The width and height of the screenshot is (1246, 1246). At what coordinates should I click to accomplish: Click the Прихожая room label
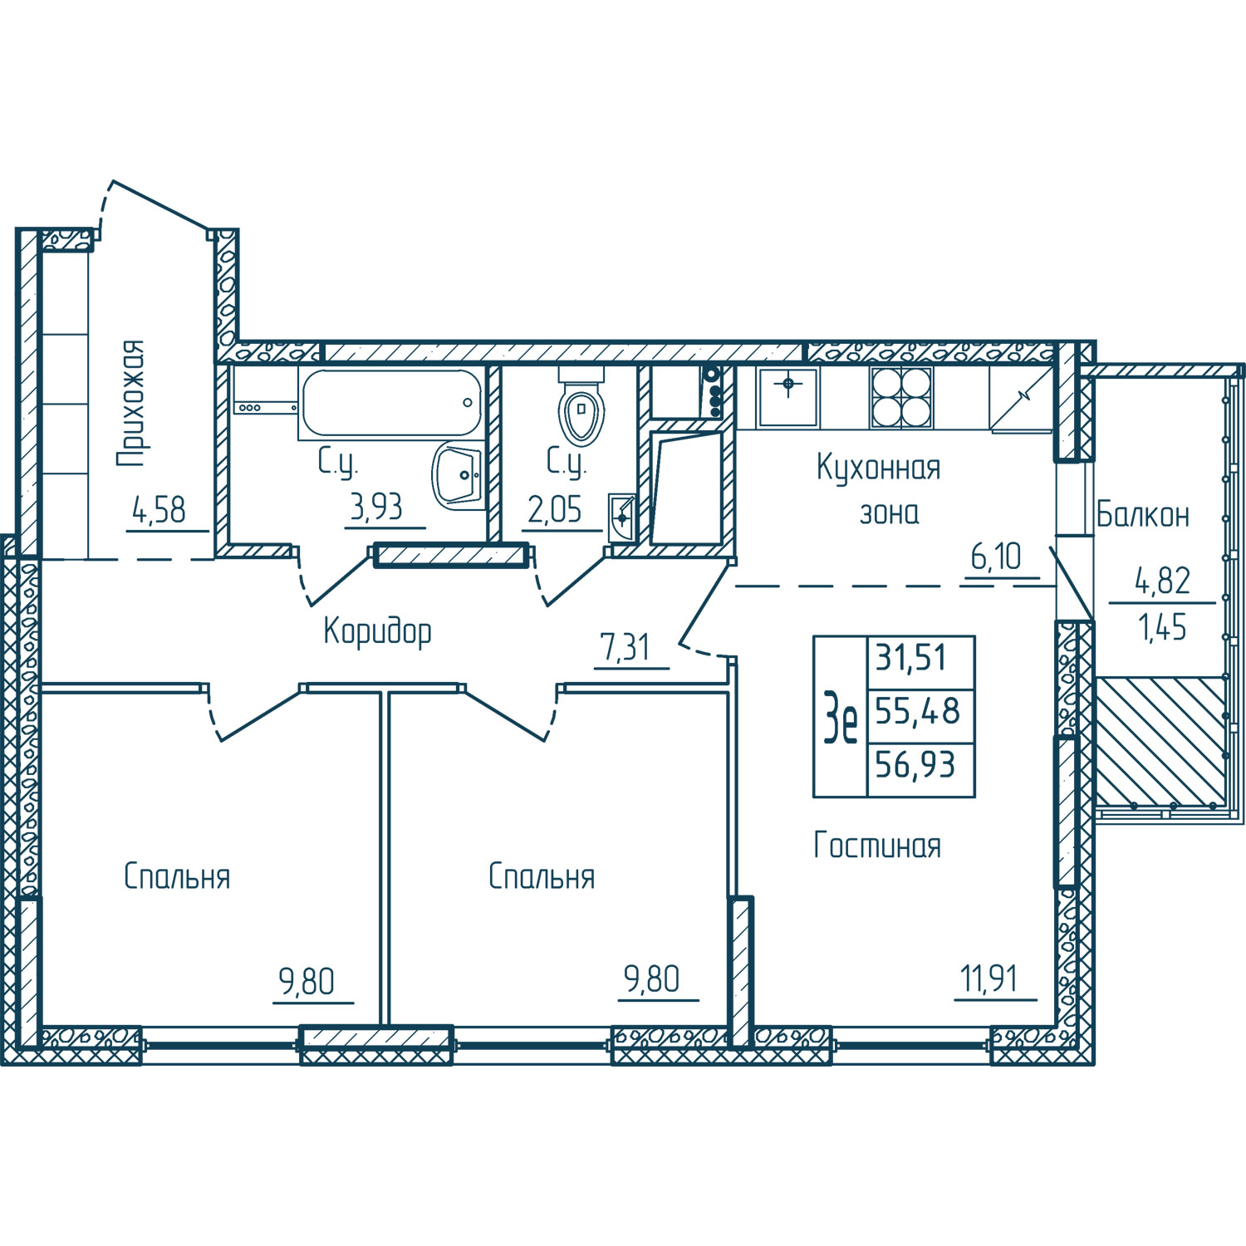pyautogui.click(x=131, y=403)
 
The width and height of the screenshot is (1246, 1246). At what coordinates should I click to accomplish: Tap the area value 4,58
pyautogui.click(x=159, y=509)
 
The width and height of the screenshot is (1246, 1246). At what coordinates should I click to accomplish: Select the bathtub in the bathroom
pyautogui.click(x=390, y=404)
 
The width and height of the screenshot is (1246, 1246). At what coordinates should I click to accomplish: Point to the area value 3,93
pyautogui.click(x=376, y=506)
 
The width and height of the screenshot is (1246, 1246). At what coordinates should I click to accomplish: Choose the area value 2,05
pyautogui.click(x=555, y=509)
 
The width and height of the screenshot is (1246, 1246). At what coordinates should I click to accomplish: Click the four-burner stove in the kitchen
pyautogui.click(x=901, y=397)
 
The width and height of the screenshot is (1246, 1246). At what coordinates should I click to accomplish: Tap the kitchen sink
pyautogui.click(x=788, y=397)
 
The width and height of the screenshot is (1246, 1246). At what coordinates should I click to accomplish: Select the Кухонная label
pyautogui.click(x=879, y=468)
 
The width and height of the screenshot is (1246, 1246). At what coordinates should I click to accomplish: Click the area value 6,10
pyautogui.click(x=996, y=557)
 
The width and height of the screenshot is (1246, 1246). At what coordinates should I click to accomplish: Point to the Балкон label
pyautogui.click(x=1143, y=514)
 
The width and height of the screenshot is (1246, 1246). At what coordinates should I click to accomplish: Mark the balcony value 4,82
pyautogui.click(x=1163, y=581)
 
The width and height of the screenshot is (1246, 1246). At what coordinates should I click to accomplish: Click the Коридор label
pyautogui.click(x=377, y=631)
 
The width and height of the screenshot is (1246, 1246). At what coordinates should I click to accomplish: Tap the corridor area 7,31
pyautogui.click(x=625, y=648)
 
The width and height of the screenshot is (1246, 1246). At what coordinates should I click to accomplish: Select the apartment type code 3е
pyautogui.click(x=840, y=718)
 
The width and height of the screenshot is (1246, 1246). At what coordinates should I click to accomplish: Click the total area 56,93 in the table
pyautogui.click(x=915, y=764)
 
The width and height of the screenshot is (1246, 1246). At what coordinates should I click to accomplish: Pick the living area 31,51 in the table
pyautogui.click(x=911, y=658)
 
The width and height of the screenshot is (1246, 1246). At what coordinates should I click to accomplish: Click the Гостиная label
pyautogui.click(x=877, y=846)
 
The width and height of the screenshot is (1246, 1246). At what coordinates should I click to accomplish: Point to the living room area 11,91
pyautogui.click(x=989, y=979)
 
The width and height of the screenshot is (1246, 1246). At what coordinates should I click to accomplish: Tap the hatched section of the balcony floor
pyautogui.click(x=1161, y=742)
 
